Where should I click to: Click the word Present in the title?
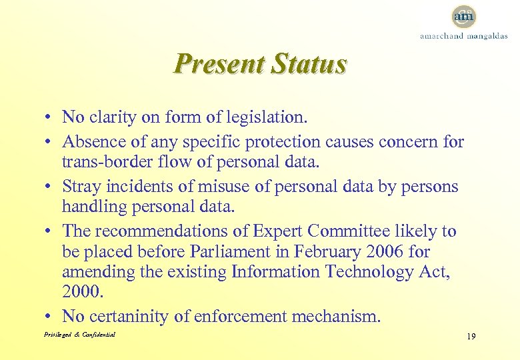pyautogui.click(x=216, y=65)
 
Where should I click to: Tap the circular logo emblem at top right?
pyautogui.click(x=463, y=15)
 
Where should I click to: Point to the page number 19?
pyautogui.click(x=471, y=337)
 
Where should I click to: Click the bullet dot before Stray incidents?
pyautogui.click(x=50, y=187)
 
